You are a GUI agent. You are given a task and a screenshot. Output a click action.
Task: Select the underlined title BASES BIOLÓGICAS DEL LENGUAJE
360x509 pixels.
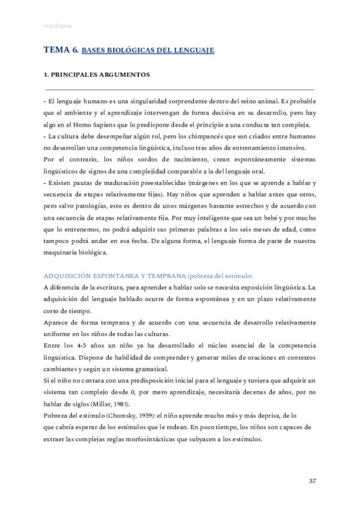[x=148, y=52]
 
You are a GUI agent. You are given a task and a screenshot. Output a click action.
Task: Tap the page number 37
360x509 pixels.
[x=312, y=481]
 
